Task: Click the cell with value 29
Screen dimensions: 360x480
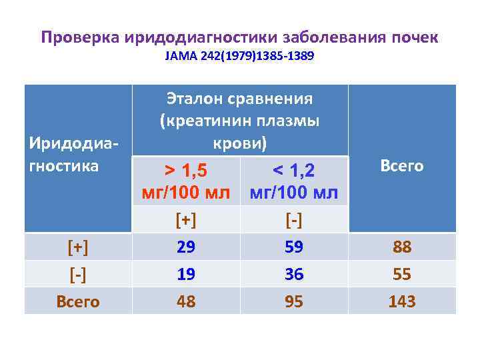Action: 186,247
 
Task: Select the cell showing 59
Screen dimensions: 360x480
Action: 294,247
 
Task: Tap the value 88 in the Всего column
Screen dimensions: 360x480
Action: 402,247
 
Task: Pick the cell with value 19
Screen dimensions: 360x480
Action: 186,274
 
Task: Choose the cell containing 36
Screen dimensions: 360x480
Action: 294,274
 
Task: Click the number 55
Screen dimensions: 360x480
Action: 402,274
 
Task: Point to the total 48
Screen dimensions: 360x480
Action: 186,301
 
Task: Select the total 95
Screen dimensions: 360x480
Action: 294,301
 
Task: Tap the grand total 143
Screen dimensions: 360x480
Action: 402,301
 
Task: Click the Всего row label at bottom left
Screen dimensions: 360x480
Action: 78,301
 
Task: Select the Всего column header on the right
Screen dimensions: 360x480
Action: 402,165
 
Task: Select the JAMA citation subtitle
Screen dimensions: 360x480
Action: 239,57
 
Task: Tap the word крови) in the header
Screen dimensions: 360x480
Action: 239,143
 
